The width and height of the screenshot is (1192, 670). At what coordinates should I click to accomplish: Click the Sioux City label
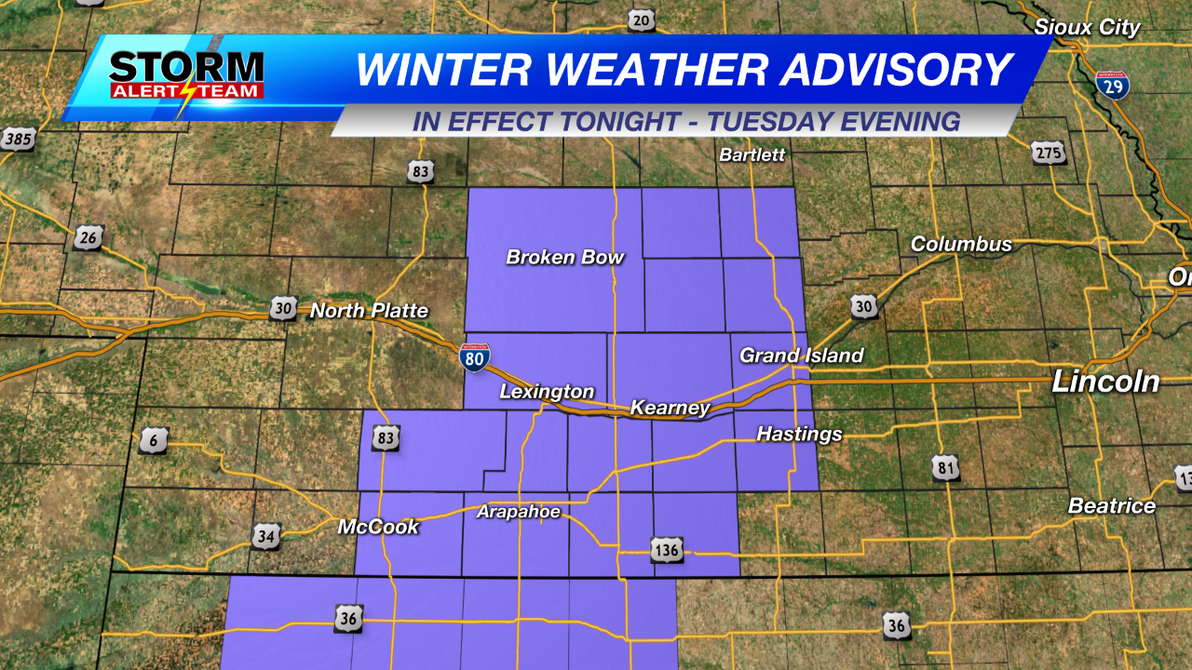tap(1087, 27)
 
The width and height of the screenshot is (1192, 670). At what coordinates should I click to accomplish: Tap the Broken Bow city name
tap(564, 257)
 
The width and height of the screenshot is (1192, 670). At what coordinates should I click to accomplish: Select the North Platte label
tap(369, 311)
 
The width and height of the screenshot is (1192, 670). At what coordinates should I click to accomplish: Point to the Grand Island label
tap(801, 355)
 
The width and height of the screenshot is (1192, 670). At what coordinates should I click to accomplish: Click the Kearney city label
tap(670, 408)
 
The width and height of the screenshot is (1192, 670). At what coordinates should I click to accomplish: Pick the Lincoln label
tap(1105, 381)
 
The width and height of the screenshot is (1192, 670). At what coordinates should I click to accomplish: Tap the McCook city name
tap(378, 527)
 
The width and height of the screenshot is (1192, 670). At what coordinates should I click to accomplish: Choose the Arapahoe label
tap(519, 511)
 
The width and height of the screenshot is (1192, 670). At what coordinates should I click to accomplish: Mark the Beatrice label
tap(1111, 506)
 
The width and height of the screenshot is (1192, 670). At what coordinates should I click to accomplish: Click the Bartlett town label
tap(752, 154)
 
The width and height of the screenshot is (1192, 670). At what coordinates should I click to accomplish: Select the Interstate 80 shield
tap(475, 356)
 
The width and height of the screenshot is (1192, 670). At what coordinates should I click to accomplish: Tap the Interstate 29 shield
tap(1112, 85)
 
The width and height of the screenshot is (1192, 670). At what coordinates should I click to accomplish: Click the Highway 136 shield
tap(667, 550)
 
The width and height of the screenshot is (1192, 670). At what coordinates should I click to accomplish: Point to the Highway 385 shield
tap(17, 140)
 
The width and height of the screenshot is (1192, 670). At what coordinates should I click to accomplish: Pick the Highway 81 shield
tap(945, 467)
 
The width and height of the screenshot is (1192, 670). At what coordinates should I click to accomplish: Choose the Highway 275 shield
tap(1049, 152)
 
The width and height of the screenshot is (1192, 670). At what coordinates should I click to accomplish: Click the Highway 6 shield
tap(154, 440)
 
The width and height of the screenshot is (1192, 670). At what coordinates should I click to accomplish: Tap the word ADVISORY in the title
tap(891, 70)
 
